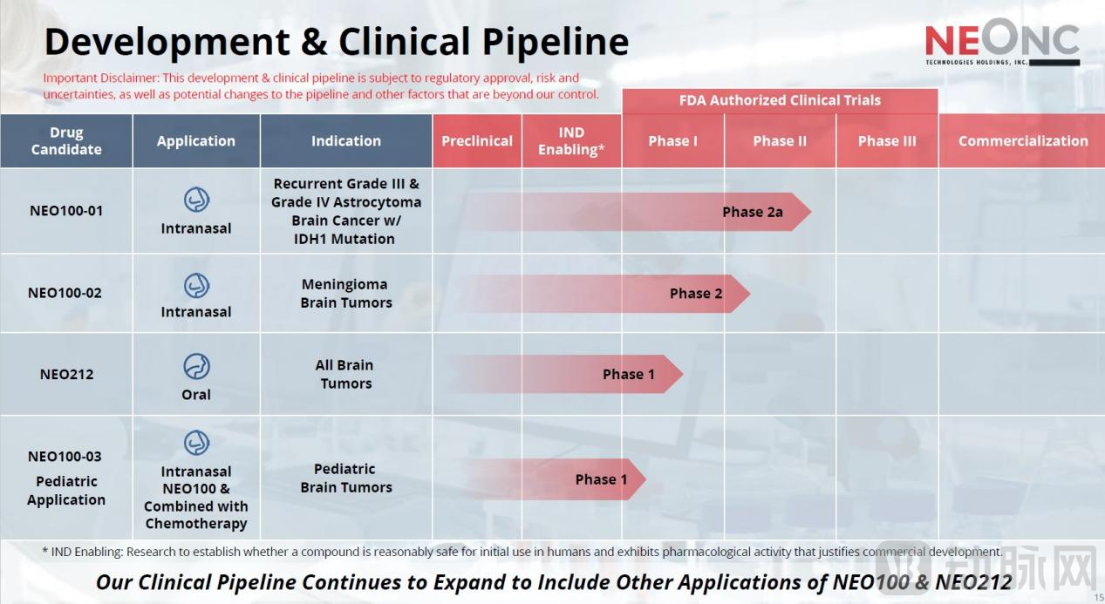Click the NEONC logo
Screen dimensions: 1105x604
tap(1002, 42)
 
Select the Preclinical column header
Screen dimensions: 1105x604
tap(477, 141)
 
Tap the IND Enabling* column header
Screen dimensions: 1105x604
tap(571, 141)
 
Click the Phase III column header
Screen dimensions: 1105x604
tap(887, 141)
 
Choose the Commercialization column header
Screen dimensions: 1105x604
tap(1023, 141)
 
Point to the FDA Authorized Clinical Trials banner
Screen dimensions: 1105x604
tap(780, 101)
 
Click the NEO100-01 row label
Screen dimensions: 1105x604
tap(66, 211)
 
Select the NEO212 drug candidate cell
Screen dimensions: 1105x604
tap(66, 374)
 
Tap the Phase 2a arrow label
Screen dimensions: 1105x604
tap(753, 212)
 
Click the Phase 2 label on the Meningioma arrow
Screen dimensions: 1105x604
tap(696, 294)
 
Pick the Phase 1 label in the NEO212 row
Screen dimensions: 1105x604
tap(629, 374)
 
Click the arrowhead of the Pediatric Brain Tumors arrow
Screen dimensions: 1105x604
tap(637, 479)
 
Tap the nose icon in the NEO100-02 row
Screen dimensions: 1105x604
tap(196, 286)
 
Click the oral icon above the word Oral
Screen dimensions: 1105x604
tap(196, 366)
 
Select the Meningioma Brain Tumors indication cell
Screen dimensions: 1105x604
tap(346, 294)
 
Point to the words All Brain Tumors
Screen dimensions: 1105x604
tap(345, 374)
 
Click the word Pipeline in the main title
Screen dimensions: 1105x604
tap(556, 43)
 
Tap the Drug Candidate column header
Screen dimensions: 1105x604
tap(66, 141)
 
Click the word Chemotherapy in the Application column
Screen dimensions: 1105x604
tap(196, 524)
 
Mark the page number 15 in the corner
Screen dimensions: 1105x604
tap(1099, 598)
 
